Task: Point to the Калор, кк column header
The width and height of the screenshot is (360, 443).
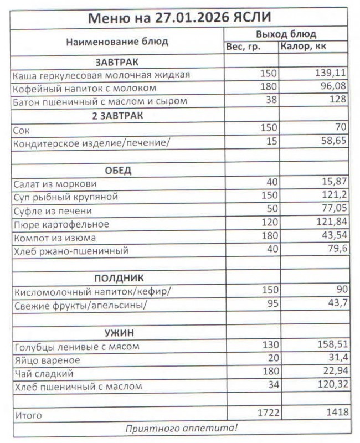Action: pos(303,47)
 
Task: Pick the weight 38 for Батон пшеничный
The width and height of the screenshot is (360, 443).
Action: pos(271,101)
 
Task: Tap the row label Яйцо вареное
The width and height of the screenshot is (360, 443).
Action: pos(45,360)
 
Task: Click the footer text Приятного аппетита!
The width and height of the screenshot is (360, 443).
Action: pos(181,427)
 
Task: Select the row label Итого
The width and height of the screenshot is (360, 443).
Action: pos(27,415)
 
